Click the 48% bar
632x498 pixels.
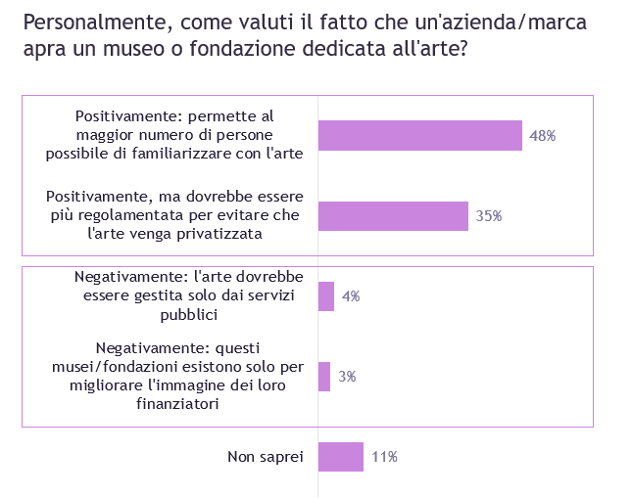point(419,136)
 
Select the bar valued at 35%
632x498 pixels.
point(393,215)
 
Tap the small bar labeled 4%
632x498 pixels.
point(325,295)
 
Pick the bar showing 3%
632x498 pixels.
point(323,376)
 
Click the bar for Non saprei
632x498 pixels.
point(340,456)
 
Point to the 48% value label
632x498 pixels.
point(542,136)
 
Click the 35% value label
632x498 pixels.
point(488,215)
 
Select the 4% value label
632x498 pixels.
point(350,295)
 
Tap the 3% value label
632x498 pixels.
point(346,376)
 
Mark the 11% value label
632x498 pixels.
point(383,456)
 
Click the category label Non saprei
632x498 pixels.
point(266,456)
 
